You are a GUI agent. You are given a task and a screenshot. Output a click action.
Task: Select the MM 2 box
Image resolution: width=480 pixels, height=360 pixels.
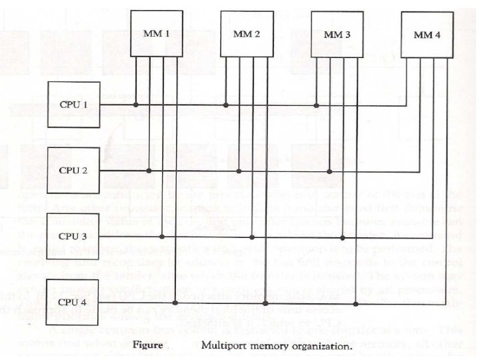[247, 34]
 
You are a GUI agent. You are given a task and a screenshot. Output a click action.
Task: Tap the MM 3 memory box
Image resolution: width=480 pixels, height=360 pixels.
[337, 33]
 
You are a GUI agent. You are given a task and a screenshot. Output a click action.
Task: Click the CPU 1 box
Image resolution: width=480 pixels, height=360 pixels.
[74, 105]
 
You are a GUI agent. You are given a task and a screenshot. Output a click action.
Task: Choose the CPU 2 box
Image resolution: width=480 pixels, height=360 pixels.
[74, 171]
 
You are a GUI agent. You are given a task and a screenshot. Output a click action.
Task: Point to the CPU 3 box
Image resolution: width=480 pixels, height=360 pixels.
[74, 236]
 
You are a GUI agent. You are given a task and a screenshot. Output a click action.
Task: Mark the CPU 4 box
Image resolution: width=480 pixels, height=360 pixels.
[74, 302]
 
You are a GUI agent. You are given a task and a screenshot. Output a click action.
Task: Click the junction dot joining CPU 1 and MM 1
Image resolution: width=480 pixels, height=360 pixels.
[136, 105]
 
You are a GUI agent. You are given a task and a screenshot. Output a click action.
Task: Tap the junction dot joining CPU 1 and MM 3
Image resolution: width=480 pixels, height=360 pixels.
[316, 105]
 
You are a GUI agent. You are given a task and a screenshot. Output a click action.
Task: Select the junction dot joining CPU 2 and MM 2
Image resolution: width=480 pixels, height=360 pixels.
[239, 171]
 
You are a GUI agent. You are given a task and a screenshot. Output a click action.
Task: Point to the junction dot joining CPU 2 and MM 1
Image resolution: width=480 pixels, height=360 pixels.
[149, 171]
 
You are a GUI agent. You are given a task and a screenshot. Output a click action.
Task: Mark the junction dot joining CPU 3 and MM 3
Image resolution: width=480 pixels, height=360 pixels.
[343, 237]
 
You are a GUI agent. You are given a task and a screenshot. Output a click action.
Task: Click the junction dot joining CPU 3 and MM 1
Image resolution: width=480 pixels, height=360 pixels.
[163, 237]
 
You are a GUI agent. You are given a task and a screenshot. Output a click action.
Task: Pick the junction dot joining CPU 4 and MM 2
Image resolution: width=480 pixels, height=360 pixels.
[266, 303]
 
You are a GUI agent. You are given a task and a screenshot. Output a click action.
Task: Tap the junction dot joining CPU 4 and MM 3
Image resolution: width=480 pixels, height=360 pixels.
[356, 303]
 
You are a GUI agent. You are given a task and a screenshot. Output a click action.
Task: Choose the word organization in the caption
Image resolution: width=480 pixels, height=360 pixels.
[327, 346]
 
